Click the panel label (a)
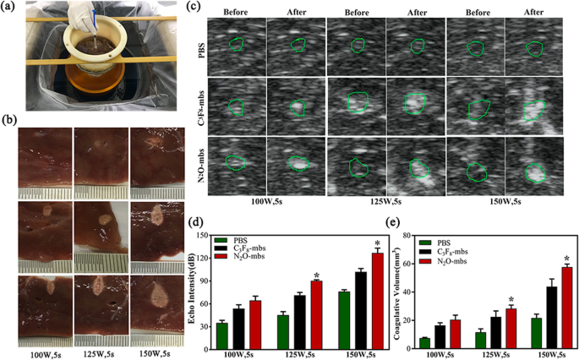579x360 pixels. coord(10,9)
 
